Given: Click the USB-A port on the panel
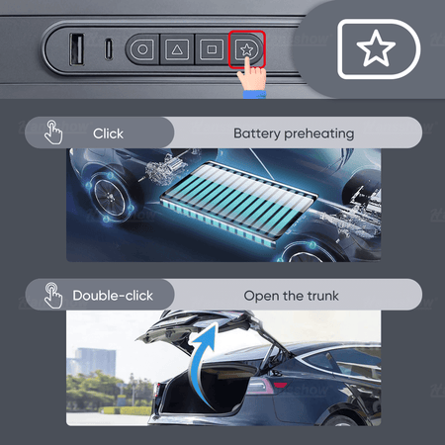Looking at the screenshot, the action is point(77,49).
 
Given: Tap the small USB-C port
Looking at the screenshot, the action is point(109,49).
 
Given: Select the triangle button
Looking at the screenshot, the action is point(177,49).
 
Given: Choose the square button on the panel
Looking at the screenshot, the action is point(212,49).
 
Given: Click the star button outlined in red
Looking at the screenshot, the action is point(246,49).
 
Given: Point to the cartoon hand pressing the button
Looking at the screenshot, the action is point(252,78).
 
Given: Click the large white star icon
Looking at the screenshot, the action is point(376,48).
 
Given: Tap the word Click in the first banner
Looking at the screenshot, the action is point(108,133).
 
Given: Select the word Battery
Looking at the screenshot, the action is point(257,133).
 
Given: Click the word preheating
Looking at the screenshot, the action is point(319,134).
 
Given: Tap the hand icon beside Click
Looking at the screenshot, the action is point(53,133).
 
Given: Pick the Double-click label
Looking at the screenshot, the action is point(113,296).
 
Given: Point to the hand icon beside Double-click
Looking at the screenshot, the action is point(53,295).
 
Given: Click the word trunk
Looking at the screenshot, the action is point(322,296).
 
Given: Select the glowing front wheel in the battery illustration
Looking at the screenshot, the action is point(109,197).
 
